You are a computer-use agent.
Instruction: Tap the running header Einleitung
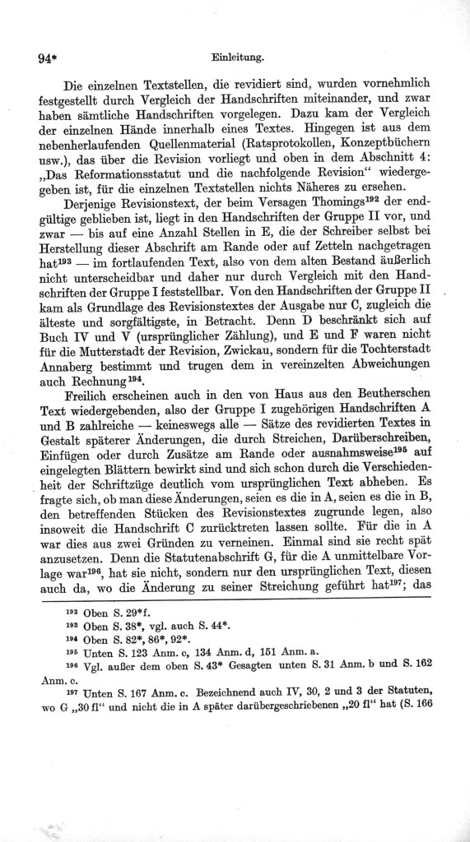[237, 58]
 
